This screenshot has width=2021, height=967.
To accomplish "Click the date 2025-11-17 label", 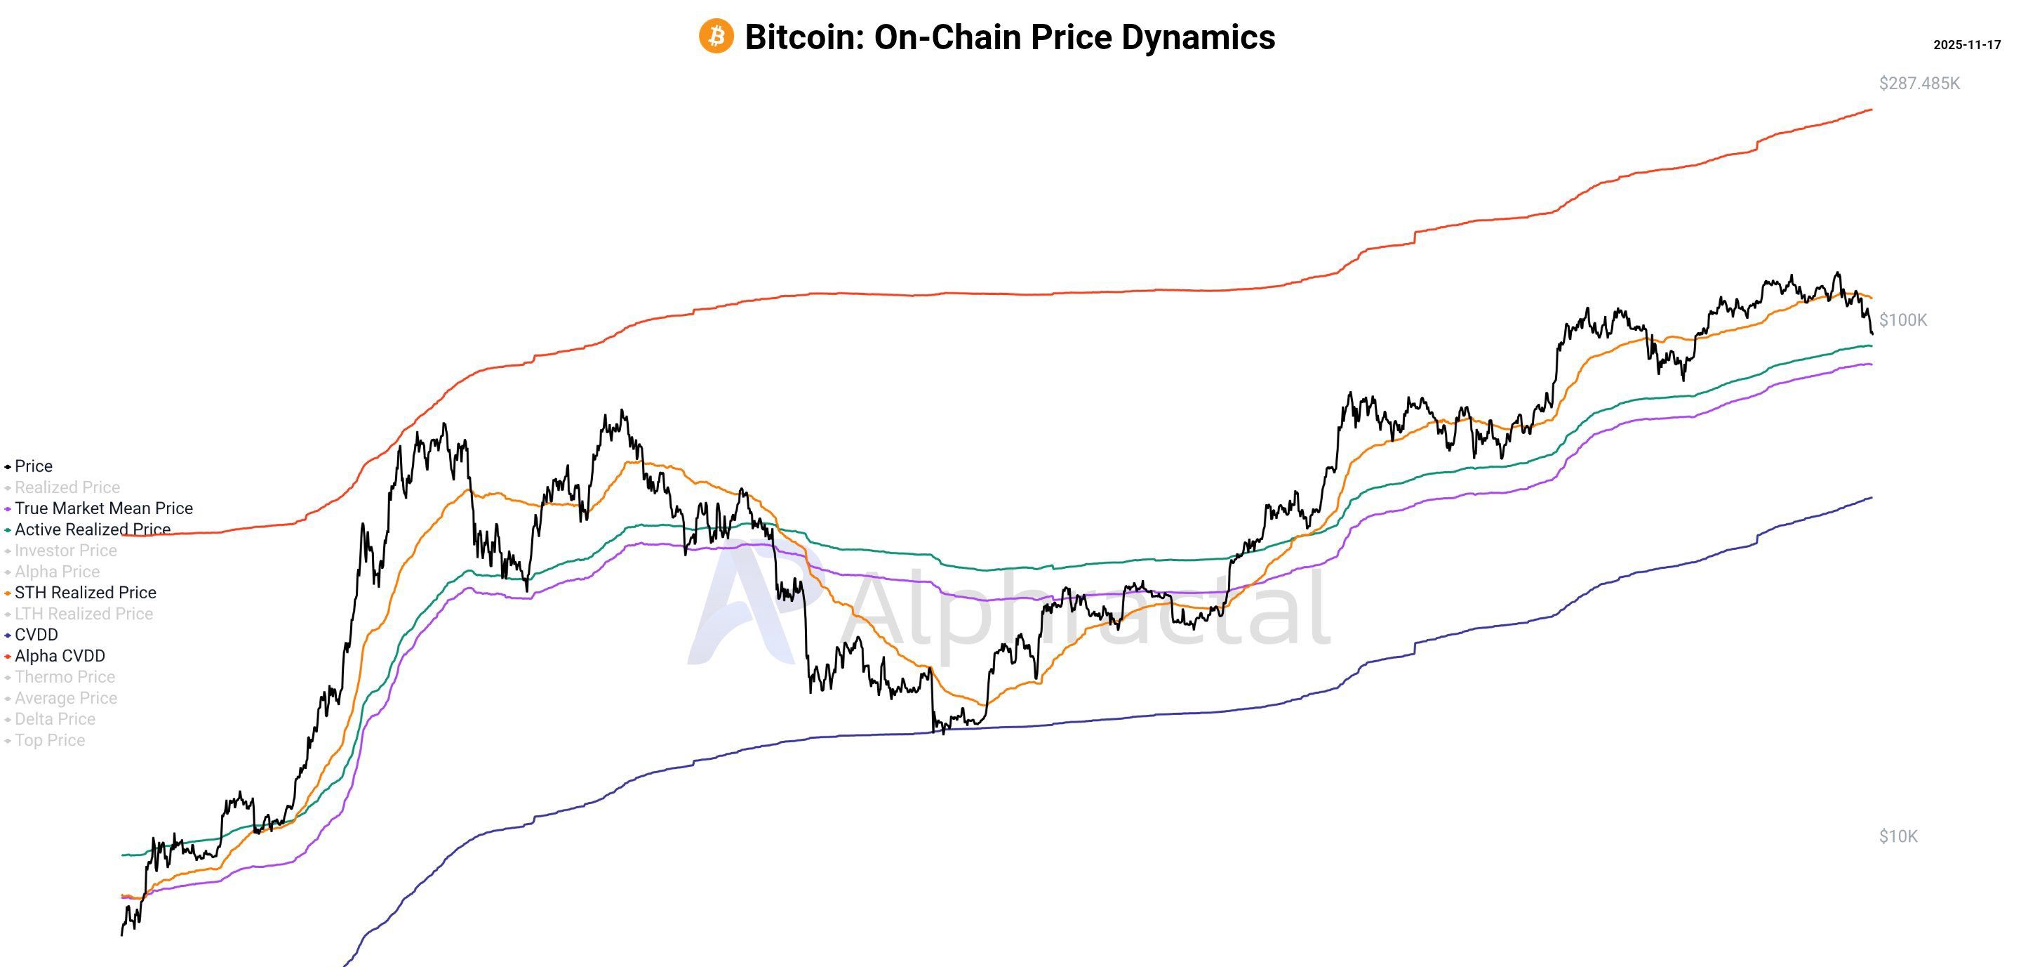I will tap(1966, 45).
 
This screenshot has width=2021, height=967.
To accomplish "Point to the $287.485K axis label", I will tap(1919, 83).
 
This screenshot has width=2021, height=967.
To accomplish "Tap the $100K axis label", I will tap(1902, 320).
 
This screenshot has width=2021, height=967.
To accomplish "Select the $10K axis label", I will tap(1897, 836).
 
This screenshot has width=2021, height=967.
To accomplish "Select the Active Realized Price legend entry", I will tap(92, 529).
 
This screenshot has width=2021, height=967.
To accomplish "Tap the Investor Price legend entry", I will tap(65, 551).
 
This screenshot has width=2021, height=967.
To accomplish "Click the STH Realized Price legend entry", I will tap(85, 593).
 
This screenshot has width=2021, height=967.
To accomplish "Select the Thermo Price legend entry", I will tap(65, 676).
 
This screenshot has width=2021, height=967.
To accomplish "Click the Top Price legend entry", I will tap(49, 740).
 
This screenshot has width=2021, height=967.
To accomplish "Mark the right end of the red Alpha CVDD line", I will tap(1871, 110).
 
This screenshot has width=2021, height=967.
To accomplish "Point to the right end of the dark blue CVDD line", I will tap(1871, 498).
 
